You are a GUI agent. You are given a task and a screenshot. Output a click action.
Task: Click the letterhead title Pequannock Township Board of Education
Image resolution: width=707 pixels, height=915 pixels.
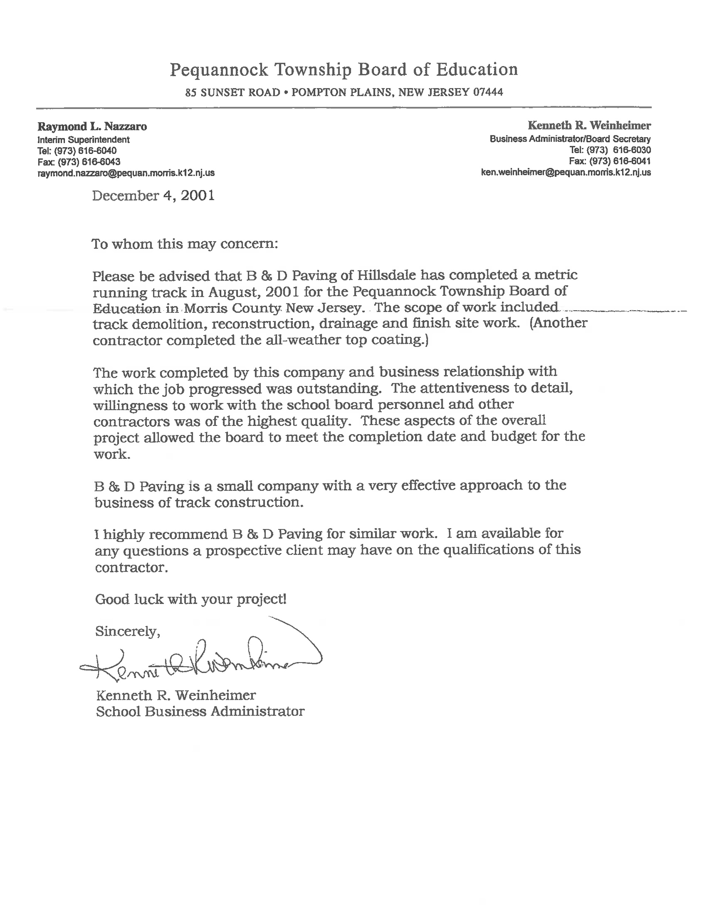coord(343,70)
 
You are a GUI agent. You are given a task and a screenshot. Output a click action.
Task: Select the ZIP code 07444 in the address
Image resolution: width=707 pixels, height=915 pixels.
coord(488,92)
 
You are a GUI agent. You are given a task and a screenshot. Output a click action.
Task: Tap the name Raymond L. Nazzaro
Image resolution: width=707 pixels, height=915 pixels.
coord(92,126)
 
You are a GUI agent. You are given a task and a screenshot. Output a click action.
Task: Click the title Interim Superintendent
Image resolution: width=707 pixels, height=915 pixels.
coord(84,139)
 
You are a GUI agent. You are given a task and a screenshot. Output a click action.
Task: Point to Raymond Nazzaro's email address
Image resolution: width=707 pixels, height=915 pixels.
coord(126,173)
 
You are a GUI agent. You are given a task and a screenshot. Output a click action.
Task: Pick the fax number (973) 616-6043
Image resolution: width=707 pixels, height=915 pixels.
coord(89,162)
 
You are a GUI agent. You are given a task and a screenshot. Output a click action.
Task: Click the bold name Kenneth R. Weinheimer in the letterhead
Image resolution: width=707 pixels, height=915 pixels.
coord(589,125)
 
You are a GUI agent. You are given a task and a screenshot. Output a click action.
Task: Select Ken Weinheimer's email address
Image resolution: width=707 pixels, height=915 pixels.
coord(566,172)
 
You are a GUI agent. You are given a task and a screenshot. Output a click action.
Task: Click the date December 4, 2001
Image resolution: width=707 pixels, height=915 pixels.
coord(153,196)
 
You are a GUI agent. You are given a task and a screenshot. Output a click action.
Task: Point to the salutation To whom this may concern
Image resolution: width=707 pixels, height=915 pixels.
coord(185,244)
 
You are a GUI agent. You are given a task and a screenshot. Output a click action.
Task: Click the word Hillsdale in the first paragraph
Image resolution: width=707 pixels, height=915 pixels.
coord(387,275)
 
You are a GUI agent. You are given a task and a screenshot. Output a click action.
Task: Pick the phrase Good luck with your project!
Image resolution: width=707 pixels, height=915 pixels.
coord(191,599)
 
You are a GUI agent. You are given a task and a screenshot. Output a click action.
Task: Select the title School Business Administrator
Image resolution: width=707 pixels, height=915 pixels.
coord(200,711)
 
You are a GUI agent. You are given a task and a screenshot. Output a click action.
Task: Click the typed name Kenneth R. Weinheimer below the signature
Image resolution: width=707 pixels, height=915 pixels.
coord(176,695)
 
